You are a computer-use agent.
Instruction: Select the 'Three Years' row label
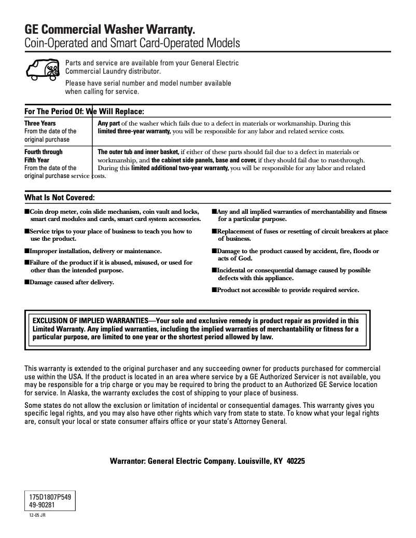(40, 123)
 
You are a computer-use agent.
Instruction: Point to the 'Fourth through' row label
(44, 152)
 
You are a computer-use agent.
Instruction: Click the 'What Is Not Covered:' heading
(60, 198)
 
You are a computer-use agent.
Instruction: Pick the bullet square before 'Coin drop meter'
(27, 212)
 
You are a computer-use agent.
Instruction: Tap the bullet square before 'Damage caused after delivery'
(27, 282)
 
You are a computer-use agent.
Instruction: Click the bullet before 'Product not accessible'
(214, 290)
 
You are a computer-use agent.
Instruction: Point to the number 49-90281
(43, 504)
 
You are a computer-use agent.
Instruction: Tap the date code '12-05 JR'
(37, 516)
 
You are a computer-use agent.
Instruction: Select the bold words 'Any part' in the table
(109, 123)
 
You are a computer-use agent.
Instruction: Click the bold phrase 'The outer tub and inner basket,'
(138, 152)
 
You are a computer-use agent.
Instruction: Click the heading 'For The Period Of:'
(54, 112)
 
